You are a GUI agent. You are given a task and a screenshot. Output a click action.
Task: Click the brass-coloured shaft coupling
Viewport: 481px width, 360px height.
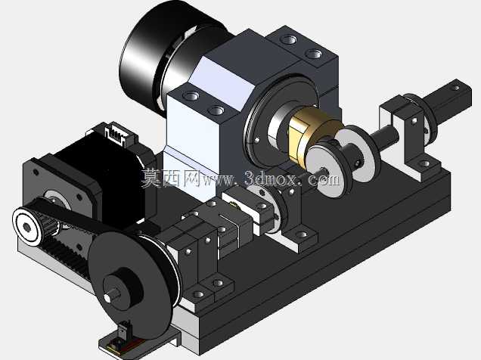pyautogui.click(x=310, y=138)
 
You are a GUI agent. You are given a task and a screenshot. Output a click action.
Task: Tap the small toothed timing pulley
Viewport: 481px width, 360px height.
pyautogui.click(x=29, y=226)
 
